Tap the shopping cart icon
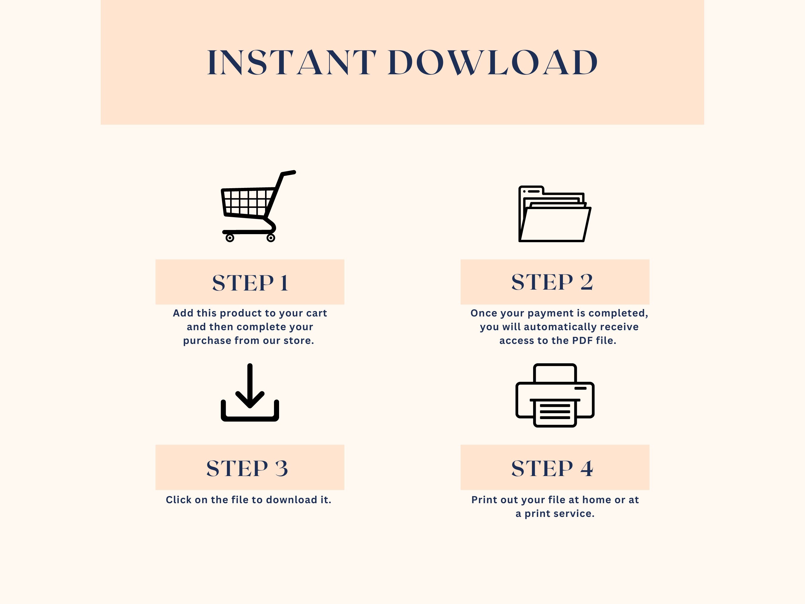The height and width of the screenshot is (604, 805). click(x=258, y=206)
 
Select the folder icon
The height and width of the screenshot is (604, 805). click(x=555, y=214)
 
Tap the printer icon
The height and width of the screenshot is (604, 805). click(x=555, y=395)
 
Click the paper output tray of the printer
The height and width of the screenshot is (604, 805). click(x=555, y=413)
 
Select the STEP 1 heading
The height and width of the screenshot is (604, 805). click(x=250, y=283)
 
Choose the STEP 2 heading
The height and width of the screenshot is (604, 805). click(x=552, y=282)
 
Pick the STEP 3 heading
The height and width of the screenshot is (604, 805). click(x=247, y=468)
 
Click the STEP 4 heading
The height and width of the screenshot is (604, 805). click(x=552, y=468)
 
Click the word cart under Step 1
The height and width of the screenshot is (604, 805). click(x=317, y=313)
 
